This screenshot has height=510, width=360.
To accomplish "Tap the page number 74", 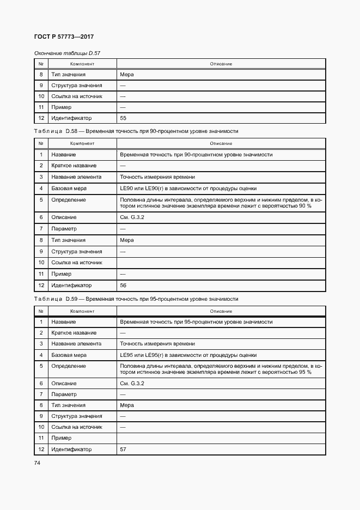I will coord(38,463).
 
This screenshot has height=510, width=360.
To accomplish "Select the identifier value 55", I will coord(123,118).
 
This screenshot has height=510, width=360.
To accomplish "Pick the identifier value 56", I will coord(123,285).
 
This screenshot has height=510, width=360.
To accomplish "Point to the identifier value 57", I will coord(123,450).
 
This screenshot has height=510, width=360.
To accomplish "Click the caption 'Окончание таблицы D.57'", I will coord(68,53).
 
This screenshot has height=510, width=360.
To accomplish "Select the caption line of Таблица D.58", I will coord(136,132).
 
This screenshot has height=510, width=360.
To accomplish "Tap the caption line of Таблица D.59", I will coord(136,299).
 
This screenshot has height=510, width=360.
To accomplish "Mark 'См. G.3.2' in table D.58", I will coord(131,217).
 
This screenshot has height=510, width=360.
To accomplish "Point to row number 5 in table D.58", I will coord(41,200).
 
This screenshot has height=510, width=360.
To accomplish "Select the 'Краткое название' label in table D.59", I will coord(74,332).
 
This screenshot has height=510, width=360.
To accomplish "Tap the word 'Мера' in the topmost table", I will coord(126,75).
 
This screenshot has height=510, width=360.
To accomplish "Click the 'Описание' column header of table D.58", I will coord(221,143).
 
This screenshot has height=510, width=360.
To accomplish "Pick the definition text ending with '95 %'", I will coord(221,369).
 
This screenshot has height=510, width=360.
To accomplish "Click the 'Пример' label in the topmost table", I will coord(62,107).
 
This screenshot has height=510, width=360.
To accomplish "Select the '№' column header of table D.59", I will coord(41,311).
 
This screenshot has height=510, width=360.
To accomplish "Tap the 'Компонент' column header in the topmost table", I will coord(82,64).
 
